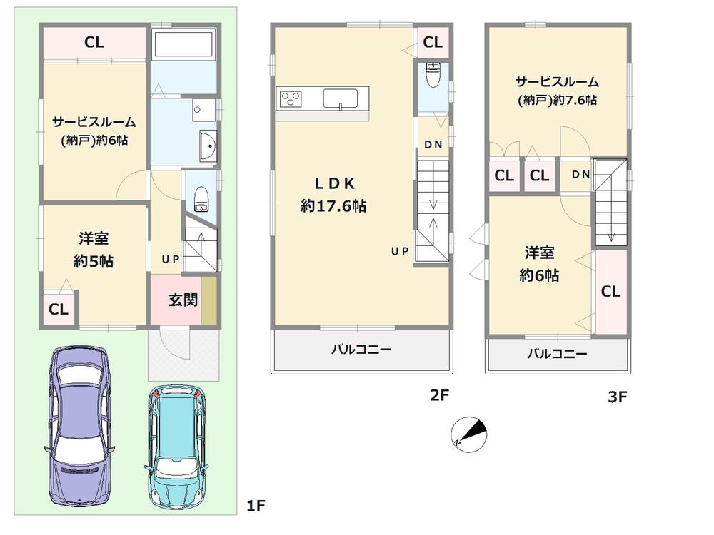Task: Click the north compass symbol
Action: click(x=468, y=432)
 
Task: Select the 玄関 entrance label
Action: click(x=183, y=300)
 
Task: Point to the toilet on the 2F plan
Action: click(x=432, y=74)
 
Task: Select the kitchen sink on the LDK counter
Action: click(x=344, y=98)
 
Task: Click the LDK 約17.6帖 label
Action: click(x=333, y=195)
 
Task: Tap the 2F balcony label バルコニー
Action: click(x=361, y=350)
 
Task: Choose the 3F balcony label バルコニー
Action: click(x=557, y=354)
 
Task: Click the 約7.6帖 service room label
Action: click(x=557, y=91)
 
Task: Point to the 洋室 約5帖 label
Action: click(x=94, y=250)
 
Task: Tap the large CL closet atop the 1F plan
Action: click(x=94, y=43)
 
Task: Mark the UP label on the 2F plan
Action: click(x=399, y=251)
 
